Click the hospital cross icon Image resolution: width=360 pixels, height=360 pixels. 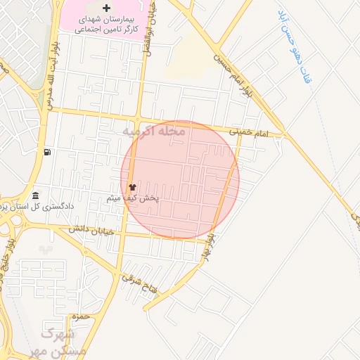pos(106,8)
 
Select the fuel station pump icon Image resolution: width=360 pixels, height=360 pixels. pos(47,152)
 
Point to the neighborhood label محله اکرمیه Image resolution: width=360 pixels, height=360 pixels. pos(153,131)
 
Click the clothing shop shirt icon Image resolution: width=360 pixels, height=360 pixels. pos(132,188)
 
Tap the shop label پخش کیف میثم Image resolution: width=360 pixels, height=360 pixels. pos(132,199)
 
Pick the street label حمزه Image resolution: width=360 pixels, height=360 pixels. pos(82,316)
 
